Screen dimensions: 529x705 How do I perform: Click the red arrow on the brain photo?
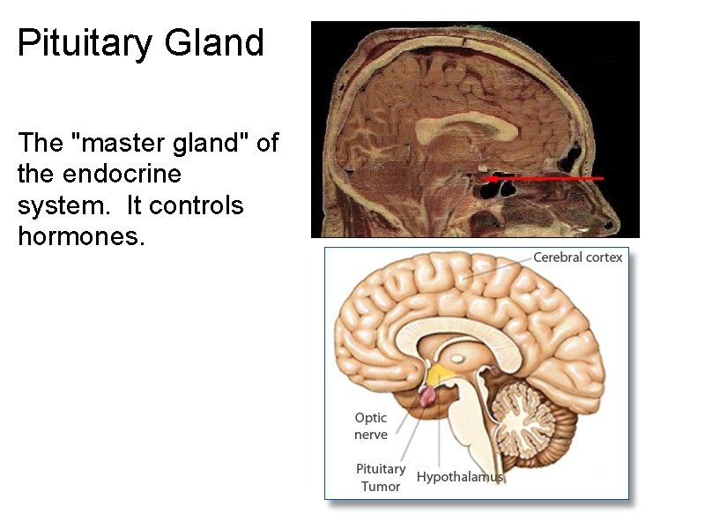546,178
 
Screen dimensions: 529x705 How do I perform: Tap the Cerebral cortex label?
577,257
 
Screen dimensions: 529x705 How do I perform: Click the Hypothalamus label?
459,477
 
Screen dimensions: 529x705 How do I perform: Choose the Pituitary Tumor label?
381,477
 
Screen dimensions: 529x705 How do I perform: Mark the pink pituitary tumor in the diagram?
427,395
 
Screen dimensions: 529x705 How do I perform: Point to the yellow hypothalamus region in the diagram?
440,374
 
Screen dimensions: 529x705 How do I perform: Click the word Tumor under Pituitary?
381,486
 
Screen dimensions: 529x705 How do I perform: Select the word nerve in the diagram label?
371,435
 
